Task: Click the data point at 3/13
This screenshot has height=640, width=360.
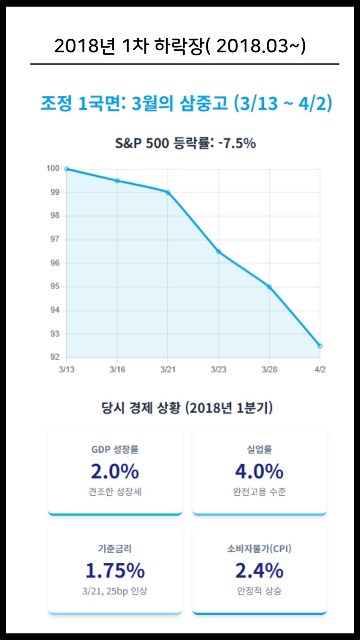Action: [67, 169]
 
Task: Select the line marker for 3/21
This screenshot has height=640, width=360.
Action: [168, 192]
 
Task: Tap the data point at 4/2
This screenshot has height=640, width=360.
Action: [320, 346]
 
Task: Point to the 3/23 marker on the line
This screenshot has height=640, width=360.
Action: [219, 252]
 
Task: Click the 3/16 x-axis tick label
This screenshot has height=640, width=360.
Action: [117, 370]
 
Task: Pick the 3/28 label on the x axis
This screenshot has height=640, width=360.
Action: [269, 370]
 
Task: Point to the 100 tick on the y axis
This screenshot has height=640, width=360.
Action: [53, 168]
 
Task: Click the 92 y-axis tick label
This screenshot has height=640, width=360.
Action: [55, 357]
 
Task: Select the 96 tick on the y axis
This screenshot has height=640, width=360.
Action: [55, 263]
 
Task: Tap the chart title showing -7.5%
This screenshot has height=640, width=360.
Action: [185, 143]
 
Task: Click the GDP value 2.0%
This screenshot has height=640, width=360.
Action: [115, 472]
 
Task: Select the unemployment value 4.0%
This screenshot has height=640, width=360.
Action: [259, 472]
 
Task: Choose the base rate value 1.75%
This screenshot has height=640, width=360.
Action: [115, 571]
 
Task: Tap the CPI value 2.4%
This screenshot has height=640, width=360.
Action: [259, 571]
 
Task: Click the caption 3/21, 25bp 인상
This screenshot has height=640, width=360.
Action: [115, 591]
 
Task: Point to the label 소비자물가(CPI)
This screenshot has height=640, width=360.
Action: [259, 549]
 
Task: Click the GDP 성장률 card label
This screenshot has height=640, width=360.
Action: [115, 450]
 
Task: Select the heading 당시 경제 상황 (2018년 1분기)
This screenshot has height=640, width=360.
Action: [187, 408]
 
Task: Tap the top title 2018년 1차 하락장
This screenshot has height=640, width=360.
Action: [180, 46]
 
